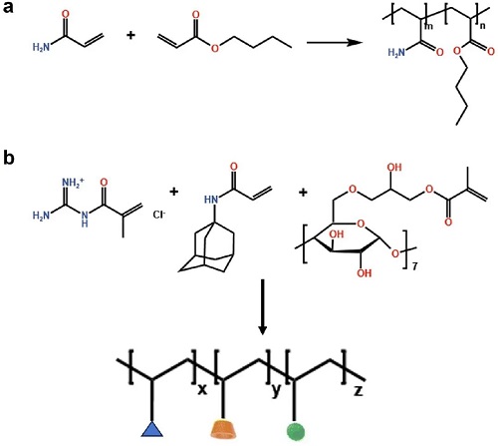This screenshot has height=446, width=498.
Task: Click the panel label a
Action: (x=9, y=7)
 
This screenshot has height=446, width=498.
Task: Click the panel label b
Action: (x=9, y=158)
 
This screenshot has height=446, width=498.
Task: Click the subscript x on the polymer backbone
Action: (x=202, y=390)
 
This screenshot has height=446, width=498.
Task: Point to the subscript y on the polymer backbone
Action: (x=276, y=391)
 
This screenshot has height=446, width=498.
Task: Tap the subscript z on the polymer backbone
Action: (x=359, y=391)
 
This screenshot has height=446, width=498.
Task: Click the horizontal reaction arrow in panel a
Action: (x=334, y=43)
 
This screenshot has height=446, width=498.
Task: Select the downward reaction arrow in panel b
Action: (x=263, y=306)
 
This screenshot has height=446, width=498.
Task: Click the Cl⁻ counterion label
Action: (x=159, y=215)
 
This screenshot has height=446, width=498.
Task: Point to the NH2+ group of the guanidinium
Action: (x=73, y=183)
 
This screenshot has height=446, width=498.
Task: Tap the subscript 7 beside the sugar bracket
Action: (x=414, y=266)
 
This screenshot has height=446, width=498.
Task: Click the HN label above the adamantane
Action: (x=211, y=200)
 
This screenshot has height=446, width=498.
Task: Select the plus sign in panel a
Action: (x=131, y=35)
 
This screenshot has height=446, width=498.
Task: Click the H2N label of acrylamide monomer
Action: (x=41, y=48)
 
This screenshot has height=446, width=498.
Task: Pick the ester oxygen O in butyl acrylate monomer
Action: (x=215, y=49)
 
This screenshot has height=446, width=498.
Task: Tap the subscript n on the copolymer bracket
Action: (x=482, y=26)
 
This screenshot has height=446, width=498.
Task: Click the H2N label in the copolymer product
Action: (x=396, y=53)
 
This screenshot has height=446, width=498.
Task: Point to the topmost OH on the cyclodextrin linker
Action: (x=394, y=167)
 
